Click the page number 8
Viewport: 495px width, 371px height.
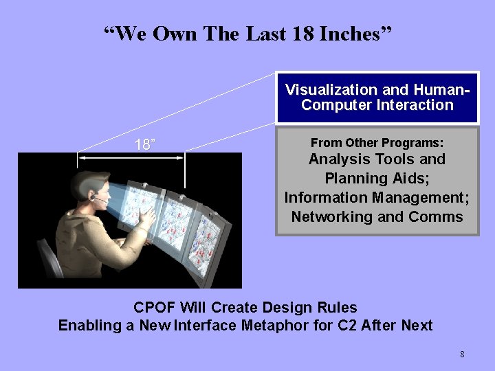(x=462, y=355)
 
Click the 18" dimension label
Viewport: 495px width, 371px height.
(x=144, y=144)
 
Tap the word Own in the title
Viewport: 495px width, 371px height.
(x=175, y=34)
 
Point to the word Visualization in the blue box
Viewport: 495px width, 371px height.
(x=331, y=90)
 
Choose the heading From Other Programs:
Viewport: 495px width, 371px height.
(x=377, y=143)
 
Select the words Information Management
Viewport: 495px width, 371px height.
(x=377, y=198)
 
